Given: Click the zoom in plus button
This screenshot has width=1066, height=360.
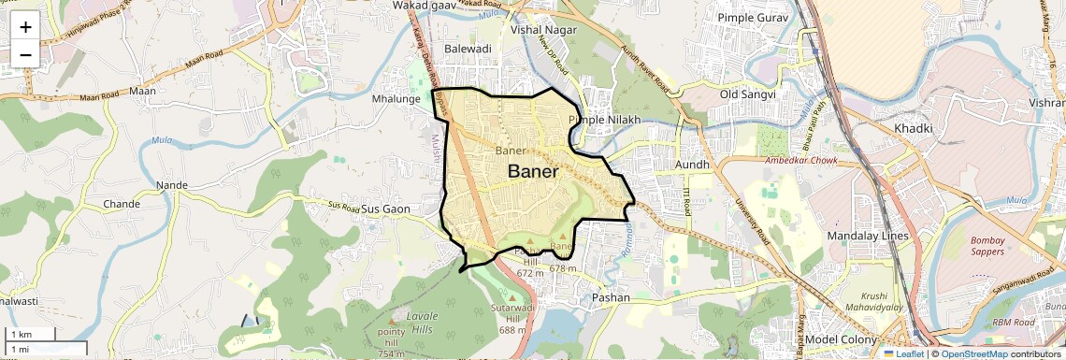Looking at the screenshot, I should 25,27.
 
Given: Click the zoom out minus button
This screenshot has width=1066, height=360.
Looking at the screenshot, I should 25,54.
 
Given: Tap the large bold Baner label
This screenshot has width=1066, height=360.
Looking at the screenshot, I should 533,172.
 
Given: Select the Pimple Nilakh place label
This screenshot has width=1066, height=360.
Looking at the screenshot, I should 605,120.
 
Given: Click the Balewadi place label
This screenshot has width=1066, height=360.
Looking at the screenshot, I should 468,48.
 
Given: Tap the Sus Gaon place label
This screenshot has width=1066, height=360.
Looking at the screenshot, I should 386,209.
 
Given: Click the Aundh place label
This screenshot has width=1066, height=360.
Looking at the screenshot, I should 693,165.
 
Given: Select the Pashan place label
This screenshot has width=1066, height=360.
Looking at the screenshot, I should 611,297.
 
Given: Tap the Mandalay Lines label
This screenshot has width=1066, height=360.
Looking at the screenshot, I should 868,236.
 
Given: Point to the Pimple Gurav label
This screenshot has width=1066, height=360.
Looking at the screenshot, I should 754,18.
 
